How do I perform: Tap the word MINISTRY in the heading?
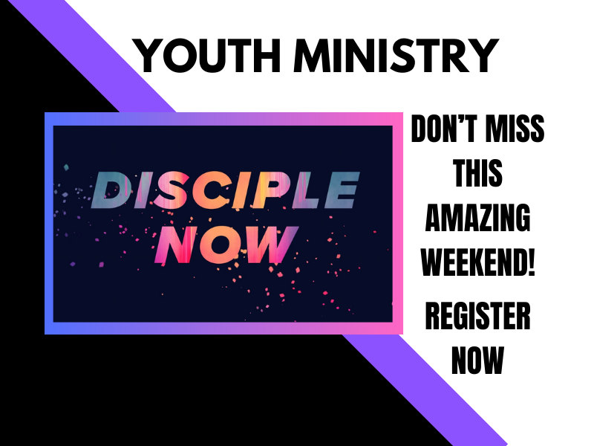(x=396, y=55)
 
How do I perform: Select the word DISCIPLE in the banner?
(x=225, y=190)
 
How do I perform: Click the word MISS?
(x=515, y=129)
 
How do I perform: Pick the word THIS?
(x=478, y=173)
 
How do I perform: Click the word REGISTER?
(x=478, y=316)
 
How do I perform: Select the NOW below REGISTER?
(x=478, y=361)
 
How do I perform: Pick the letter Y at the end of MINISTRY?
(x=481, y=55)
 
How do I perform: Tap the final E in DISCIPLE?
(x=341, y=190)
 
